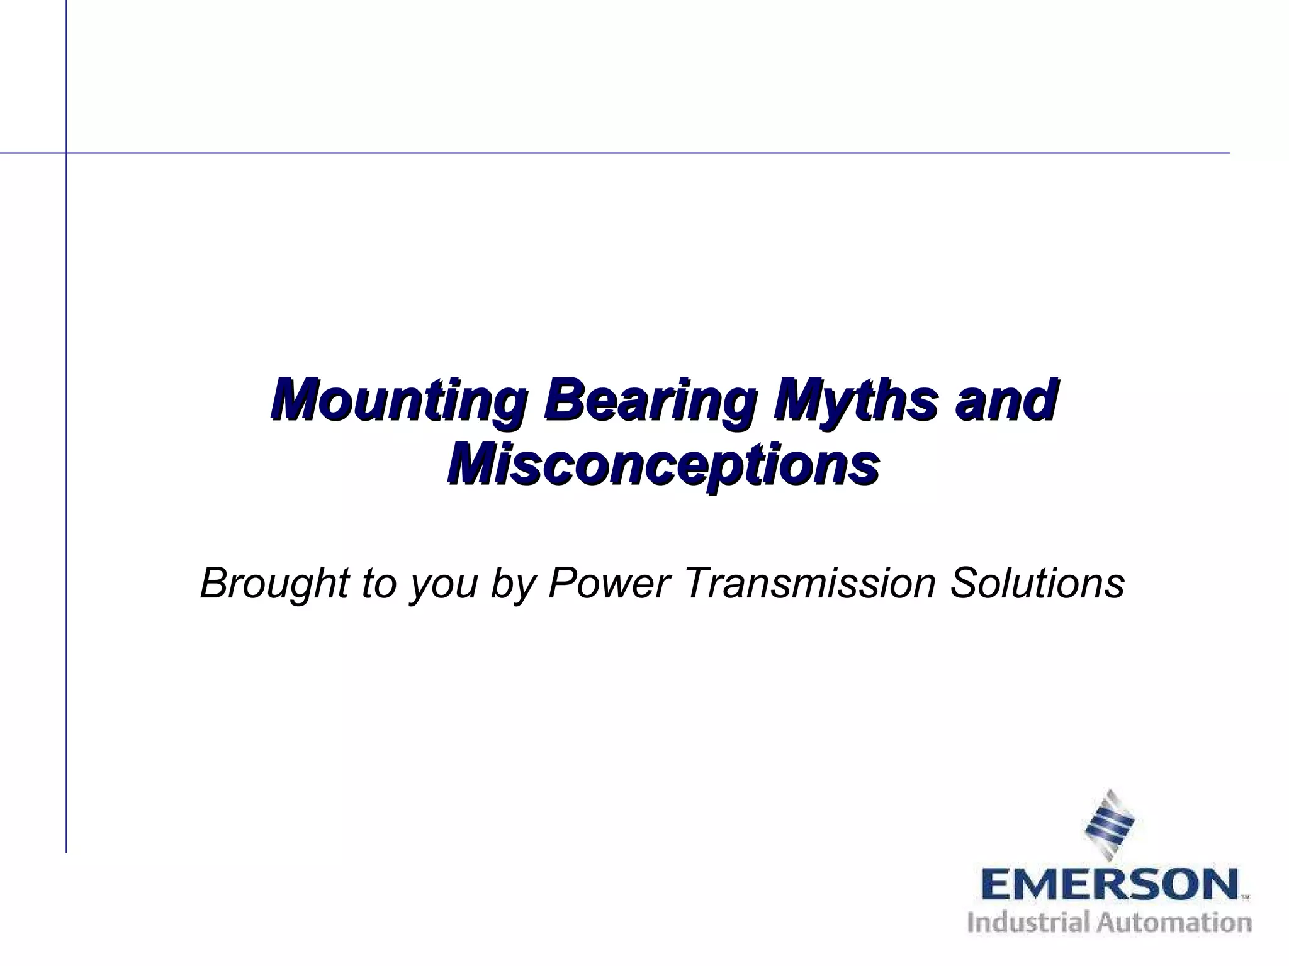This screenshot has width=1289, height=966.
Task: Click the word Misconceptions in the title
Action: point(663,467)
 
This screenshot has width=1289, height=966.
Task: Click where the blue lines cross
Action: point(66,153)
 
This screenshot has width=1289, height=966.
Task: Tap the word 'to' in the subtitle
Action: point(378,584)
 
